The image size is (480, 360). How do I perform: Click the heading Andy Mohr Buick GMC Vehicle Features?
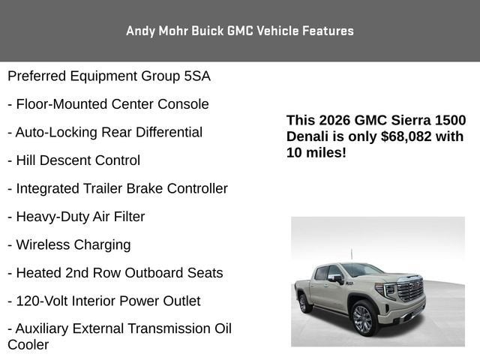coord(240,31)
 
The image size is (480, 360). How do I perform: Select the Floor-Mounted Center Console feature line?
coord(108,104)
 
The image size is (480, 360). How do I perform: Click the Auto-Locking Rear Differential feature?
coord(105,133)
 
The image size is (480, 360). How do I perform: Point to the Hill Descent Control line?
coord(73,160)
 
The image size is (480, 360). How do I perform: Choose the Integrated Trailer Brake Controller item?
coord(118,189)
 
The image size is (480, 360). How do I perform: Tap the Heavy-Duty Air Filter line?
coord(76,217)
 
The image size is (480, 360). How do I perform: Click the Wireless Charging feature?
coord(69,245)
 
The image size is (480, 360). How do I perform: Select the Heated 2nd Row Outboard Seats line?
coord(115,273)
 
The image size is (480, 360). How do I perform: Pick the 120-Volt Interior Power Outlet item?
coord(104,301)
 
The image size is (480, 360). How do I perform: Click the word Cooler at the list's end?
coord(28,345)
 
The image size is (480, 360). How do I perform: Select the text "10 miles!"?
coord(316,152)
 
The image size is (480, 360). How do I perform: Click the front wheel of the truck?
coord(363,318)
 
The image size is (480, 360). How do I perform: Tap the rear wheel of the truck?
coord(305,302)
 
